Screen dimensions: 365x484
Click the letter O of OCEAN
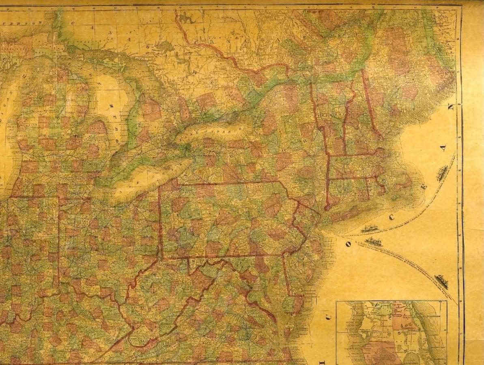[348, 244]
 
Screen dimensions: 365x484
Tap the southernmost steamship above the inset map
[441, 281]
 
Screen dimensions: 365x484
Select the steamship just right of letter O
[374, 242]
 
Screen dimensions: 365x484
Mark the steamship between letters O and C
[370, 229]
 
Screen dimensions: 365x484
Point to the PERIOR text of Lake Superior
[22, 23]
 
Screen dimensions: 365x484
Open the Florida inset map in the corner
[392, 333]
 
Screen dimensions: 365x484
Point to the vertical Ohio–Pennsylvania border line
[160, 227]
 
